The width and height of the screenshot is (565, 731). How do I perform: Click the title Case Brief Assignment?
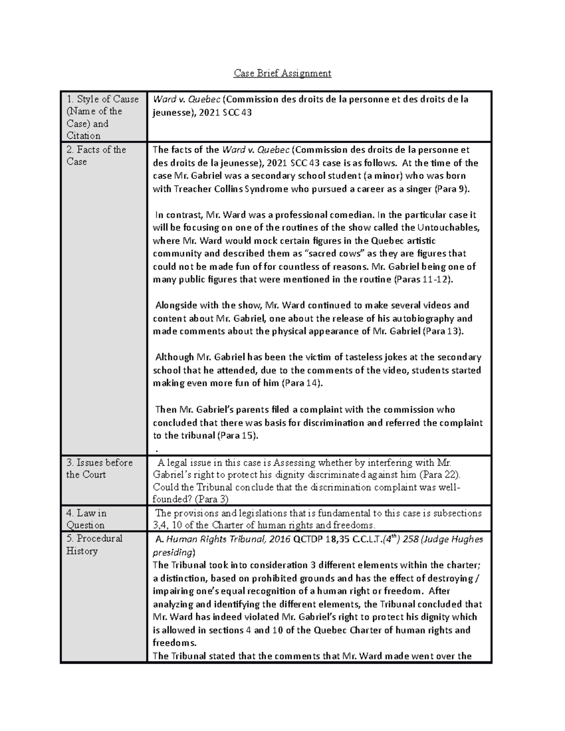(x=282, y=73)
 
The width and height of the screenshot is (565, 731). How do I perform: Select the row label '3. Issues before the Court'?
(x=99, y=468)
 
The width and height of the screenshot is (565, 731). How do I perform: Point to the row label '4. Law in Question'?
(x=87, y=519)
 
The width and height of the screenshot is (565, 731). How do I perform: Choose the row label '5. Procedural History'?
(x=94, y=544)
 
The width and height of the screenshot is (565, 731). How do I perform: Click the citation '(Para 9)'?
(x=452, y=189)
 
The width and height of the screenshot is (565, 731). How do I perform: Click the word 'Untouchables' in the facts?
(x=448, y=227)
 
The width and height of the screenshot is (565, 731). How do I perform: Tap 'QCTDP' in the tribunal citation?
(x=306, y=539)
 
